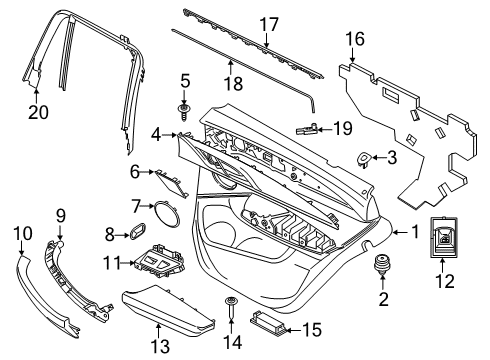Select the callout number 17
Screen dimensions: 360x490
click(x=268, y=23)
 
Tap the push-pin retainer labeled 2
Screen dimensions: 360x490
click(x=380, y=267)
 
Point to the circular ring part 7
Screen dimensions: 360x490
click(x=162, y=209)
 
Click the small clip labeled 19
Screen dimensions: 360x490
click(x=311, y=128)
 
